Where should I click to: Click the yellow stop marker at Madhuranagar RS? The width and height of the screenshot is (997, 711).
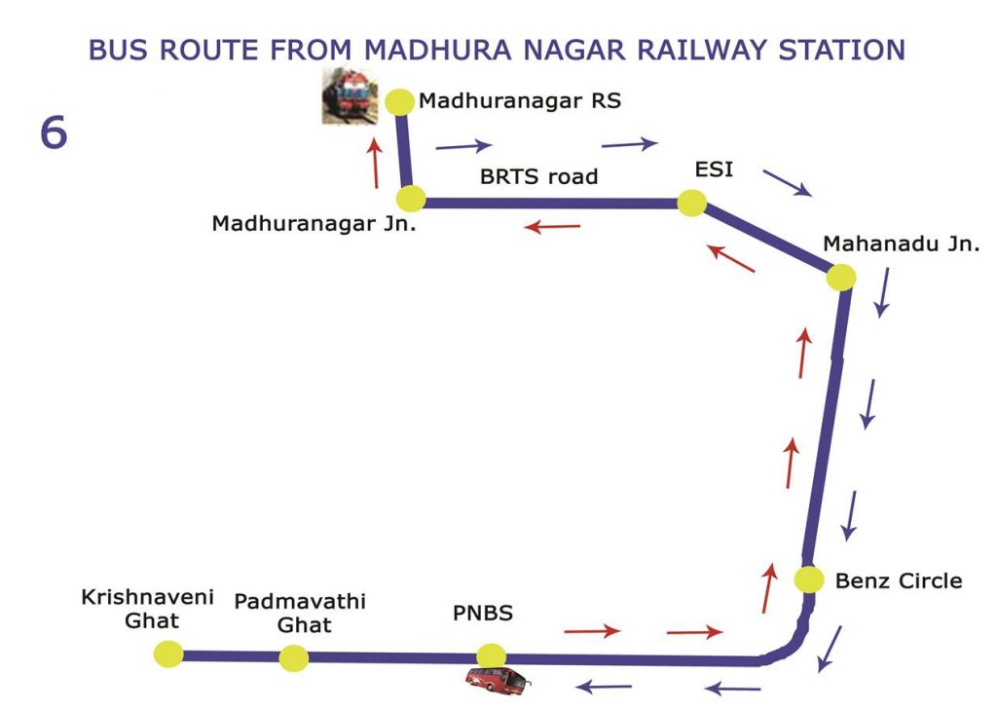click(400, 101)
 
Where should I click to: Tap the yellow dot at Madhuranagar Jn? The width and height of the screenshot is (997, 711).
click(411, 199)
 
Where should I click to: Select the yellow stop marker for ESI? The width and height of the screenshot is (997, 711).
click(692, 203)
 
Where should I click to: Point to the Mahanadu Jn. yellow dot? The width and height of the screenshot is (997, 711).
click(841, 278)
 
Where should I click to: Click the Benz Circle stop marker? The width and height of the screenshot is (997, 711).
click(809, 580)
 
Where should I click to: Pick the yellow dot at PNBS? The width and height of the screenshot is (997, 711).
click(492, 656)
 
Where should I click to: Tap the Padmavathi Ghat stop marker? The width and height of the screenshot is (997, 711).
click(294, 658)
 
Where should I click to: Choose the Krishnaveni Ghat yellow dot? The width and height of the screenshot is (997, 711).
click(169, 654)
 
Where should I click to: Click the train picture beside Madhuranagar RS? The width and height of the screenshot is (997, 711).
click(350, 95)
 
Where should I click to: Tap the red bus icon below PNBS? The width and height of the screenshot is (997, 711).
click(498, 681)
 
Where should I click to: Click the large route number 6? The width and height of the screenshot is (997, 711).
click(54, 133)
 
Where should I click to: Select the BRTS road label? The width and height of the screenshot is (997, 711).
click(539, 176)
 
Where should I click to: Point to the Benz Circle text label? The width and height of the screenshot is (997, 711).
click(899, 580)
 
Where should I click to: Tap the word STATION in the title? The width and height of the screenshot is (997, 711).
click(842, 51)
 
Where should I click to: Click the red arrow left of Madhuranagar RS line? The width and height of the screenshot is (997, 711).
click(375, 164)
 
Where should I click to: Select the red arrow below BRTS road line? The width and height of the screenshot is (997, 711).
click(552, 226)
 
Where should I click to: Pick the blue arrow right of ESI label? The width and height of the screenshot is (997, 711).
click(787, 182)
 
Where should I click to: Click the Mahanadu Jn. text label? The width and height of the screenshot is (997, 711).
click(902, 243)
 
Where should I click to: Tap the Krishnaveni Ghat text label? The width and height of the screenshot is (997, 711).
click(148, 609)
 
